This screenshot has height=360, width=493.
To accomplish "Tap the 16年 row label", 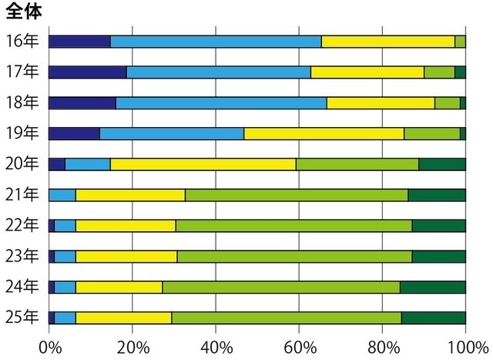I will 21,42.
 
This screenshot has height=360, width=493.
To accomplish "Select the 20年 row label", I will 21,163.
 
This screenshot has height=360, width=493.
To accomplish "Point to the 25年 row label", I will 21,317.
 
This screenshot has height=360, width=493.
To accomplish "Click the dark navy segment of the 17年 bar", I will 87,72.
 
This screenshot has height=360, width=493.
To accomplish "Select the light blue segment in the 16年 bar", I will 216,42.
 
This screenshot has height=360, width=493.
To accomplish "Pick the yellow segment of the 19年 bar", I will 324,133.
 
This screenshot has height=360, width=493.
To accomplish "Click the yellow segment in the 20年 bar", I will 203,163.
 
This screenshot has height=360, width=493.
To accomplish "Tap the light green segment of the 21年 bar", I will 297,195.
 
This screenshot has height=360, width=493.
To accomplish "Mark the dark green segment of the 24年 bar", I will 433,287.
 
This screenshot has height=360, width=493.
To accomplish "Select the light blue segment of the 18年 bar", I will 221,103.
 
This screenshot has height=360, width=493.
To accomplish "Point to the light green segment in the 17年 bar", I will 439,72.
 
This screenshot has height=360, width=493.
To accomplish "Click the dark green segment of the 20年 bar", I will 442,163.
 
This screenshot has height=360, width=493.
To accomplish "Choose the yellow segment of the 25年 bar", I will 123,317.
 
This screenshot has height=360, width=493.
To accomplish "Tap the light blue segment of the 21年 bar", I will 62,195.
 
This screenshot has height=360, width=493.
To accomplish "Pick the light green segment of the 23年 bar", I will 294,256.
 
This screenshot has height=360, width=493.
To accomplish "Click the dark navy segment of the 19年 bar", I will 74,133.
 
